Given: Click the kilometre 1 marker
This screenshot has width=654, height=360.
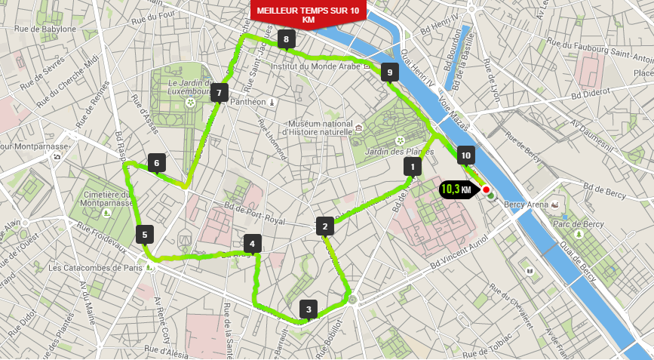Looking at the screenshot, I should point(412,166).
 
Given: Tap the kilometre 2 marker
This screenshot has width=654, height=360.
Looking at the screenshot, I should point(325,226).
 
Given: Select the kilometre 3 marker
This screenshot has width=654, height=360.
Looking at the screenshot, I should point(308,309).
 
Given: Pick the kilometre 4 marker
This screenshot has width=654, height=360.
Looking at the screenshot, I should point(252,243).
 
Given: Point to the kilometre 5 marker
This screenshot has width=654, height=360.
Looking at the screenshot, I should point(145,234).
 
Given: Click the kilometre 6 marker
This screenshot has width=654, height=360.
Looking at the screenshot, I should point(156,162).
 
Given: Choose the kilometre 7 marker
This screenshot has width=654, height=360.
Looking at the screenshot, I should point(219,93).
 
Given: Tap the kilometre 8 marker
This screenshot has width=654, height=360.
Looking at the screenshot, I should point(286,39).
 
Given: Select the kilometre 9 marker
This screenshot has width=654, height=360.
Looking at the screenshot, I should point(388,72).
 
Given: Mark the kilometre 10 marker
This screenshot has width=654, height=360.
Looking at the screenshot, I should point(465,155).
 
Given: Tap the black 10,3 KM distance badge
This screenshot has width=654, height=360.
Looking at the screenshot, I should point(456,189).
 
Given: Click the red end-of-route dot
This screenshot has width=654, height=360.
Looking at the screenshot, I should point(487,189).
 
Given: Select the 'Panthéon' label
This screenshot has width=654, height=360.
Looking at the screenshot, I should point(248,102).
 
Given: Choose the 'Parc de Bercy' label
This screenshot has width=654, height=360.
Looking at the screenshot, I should point(578,224).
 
